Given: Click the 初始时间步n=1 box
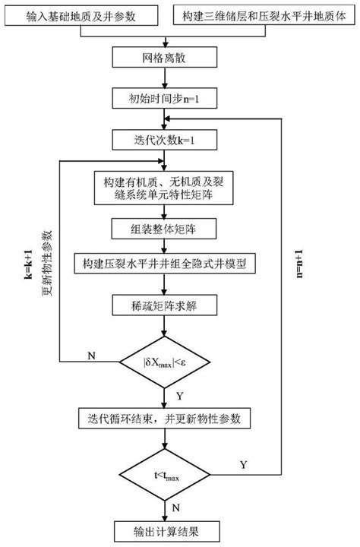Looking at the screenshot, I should pyautogui.click(x=163, y=99).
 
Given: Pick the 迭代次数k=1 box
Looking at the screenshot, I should pyautogui.click(x=163, y=141).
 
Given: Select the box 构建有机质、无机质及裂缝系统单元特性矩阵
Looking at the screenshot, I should pyautogui.click(x=163, y=188).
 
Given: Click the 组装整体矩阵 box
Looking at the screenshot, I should pyautogui.click(x=163, y=228).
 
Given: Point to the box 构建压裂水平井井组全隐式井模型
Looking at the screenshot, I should pyautogui.click(x=163, y=264).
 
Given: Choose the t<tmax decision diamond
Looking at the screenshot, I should pyautogui.click(x=163, y=476).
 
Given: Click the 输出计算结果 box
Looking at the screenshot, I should pyautogui.click(x=163, y=530).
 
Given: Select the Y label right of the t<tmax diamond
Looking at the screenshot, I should pyautogui.click(x=242, y=464).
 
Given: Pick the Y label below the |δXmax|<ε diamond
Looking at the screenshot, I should pyautogui.click(x=179, y=394).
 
